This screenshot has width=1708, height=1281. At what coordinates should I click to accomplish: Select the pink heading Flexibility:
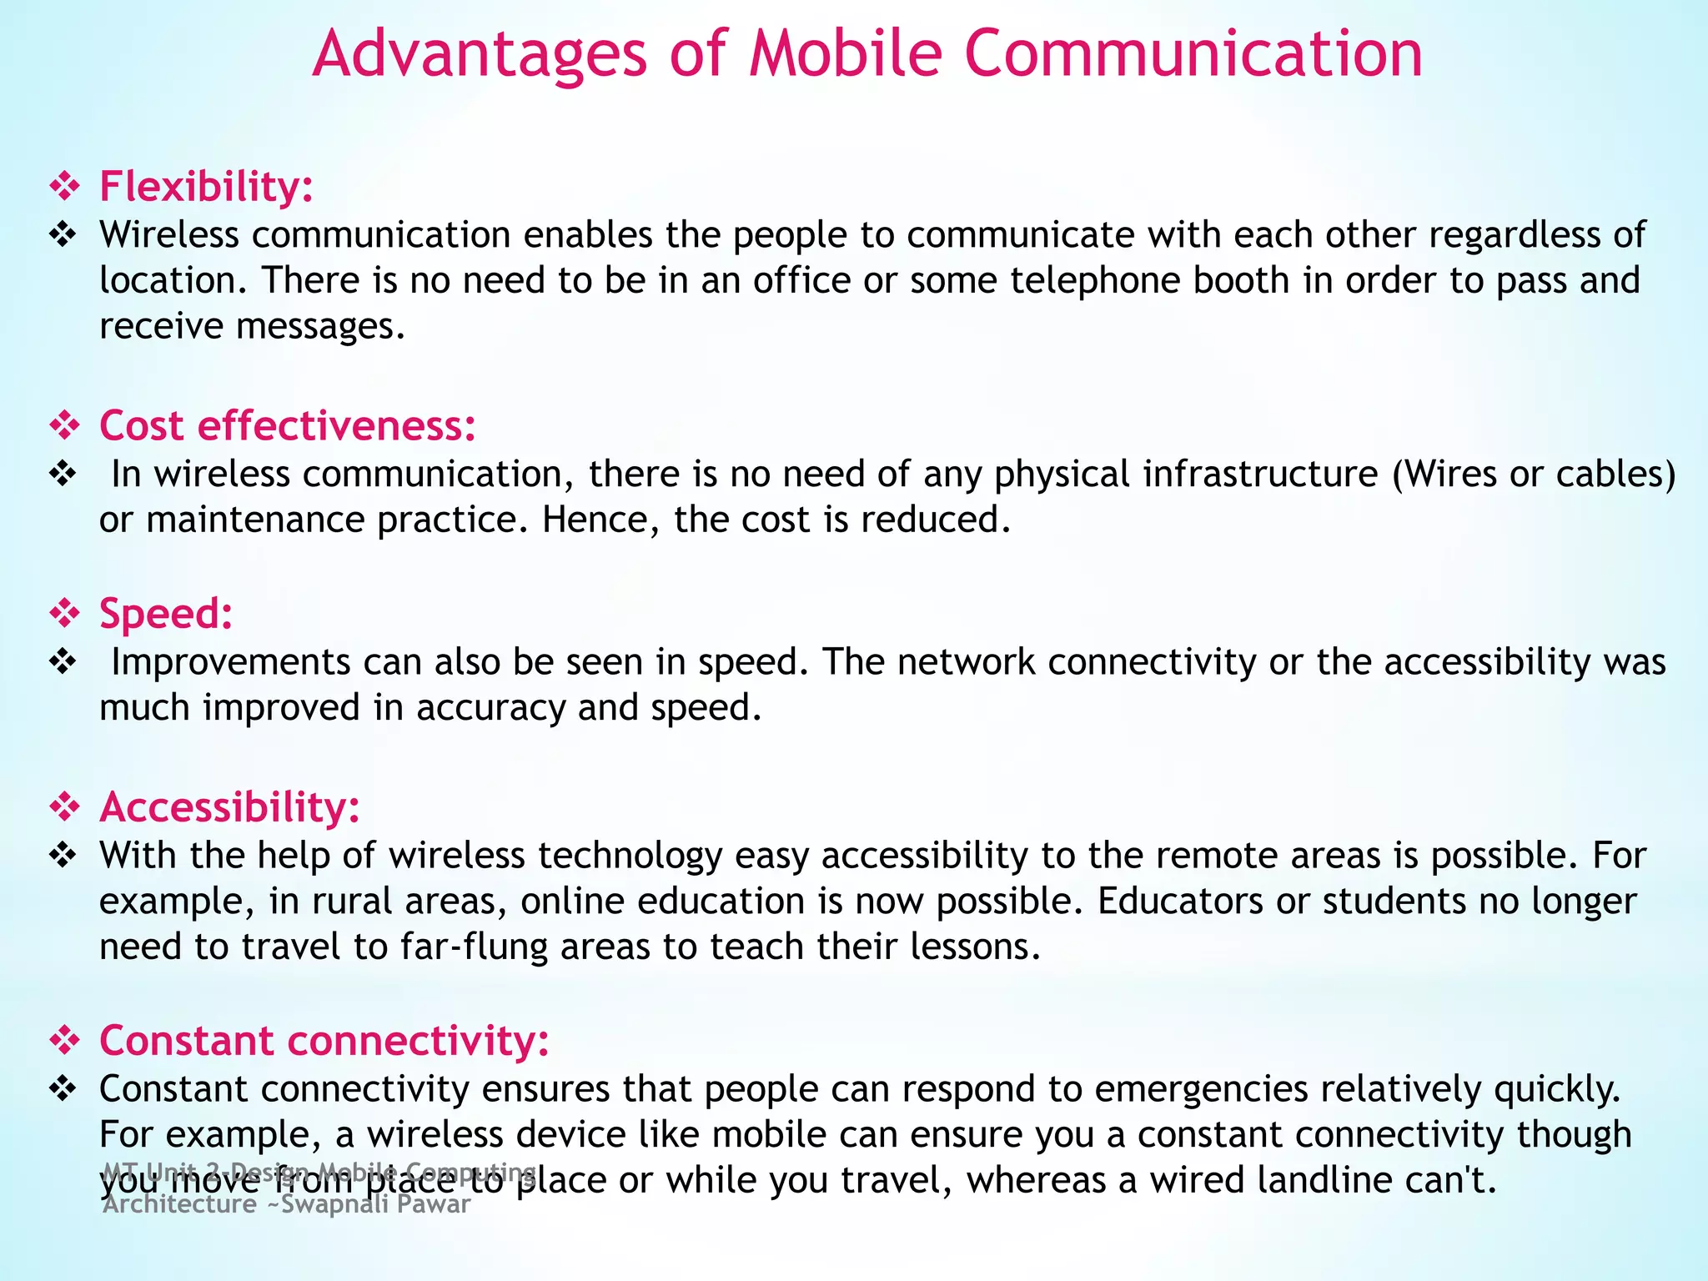(x=206, y=186)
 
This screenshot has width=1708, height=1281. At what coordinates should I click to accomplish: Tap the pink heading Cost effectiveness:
(x=288, y=425)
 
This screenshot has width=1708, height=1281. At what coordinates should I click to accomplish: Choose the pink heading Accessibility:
(x=229, y=807)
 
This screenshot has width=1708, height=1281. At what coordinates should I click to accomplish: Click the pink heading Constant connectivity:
(x=324, y=1041)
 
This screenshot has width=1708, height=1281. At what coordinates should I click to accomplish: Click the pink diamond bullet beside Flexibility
(x=64, y=186)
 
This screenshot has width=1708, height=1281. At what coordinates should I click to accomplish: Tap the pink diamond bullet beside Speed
(x=64, y=614)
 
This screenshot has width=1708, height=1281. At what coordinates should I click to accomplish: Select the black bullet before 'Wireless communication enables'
(x=63, y=235)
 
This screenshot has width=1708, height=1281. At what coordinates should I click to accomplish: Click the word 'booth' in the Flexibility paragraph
(x=1241, y=280)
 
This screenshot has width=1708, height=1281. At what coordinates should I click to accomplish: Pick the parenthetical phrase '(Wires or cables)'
(x=1534, y=474)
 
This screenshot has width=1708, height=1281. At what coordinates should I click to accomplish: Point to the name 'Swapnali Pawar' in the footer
(x=376, y=1204)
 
